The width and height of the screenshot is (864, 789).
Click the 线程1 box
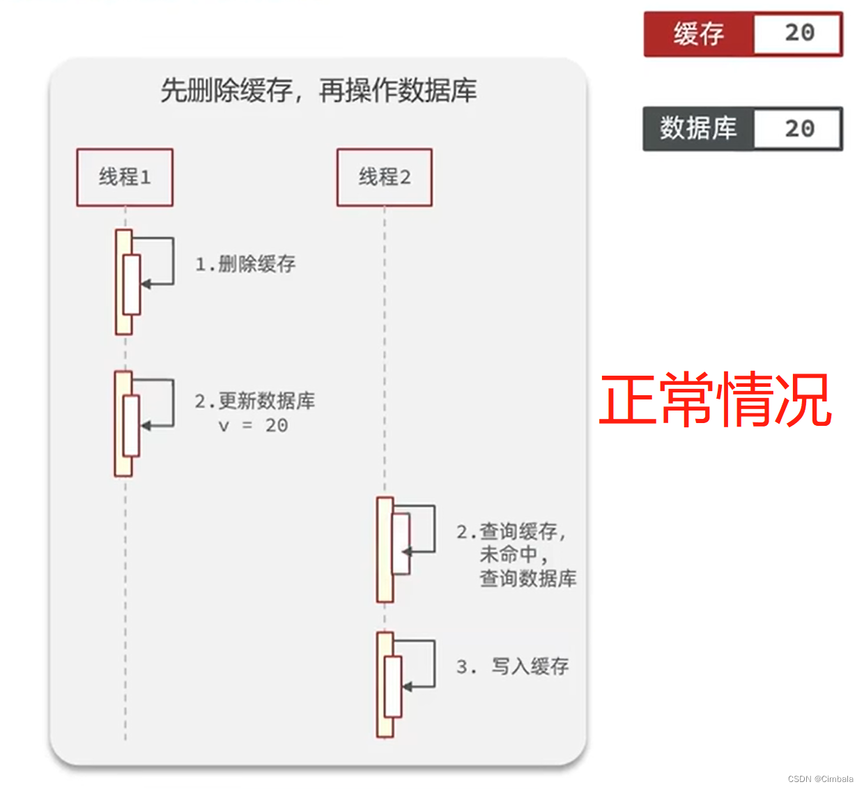[x=125, y=177]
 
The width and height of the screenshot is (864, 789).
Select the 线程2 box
[x=385, y=177]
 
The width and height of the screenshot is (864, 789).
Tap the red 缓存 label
[x=698, y=33]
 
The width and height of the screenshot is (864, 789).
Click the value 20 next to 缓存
[x=799, y=33]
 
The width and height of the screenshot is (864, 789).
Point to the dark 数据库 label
[x=698, y=128]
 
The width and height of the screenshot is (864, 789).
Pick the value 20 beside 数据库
[x=799, y=128]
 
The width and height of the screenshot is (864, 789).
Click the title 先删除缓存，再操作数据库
[x=318, y=91]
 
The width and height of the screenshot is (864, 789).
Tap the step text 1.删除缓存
[x=245, y=264]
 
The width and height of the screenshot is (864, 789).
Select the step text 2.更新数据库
[x=255, y=401]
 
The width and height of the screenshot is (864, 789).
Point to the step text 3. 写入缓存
[x=513, y=667]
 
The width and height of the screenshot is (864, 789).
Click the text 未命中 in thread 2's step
[x=509, y=555]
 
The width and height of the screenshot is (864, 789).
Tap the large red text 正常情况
[x=716, y=399]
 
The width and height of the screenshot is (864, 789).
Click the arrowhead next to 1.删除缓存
[x=146, y=284]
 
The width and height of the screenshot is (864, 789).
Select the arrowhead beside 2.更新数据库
[x=146, y=425]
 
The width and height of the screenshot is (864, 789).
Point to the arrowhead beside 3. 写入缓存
[x=408, y=687]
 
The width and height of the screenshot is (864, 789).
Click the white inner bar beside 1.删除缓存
[x=132, y=284]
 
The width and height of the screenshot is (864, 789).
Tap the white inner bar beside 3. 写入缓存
[x=394, y=687]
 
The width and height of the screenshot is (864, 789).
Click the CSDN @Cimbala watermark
[x=820, y=779]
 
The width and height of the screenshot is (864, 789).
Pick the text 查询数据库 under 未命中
[x=528, y=579]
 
